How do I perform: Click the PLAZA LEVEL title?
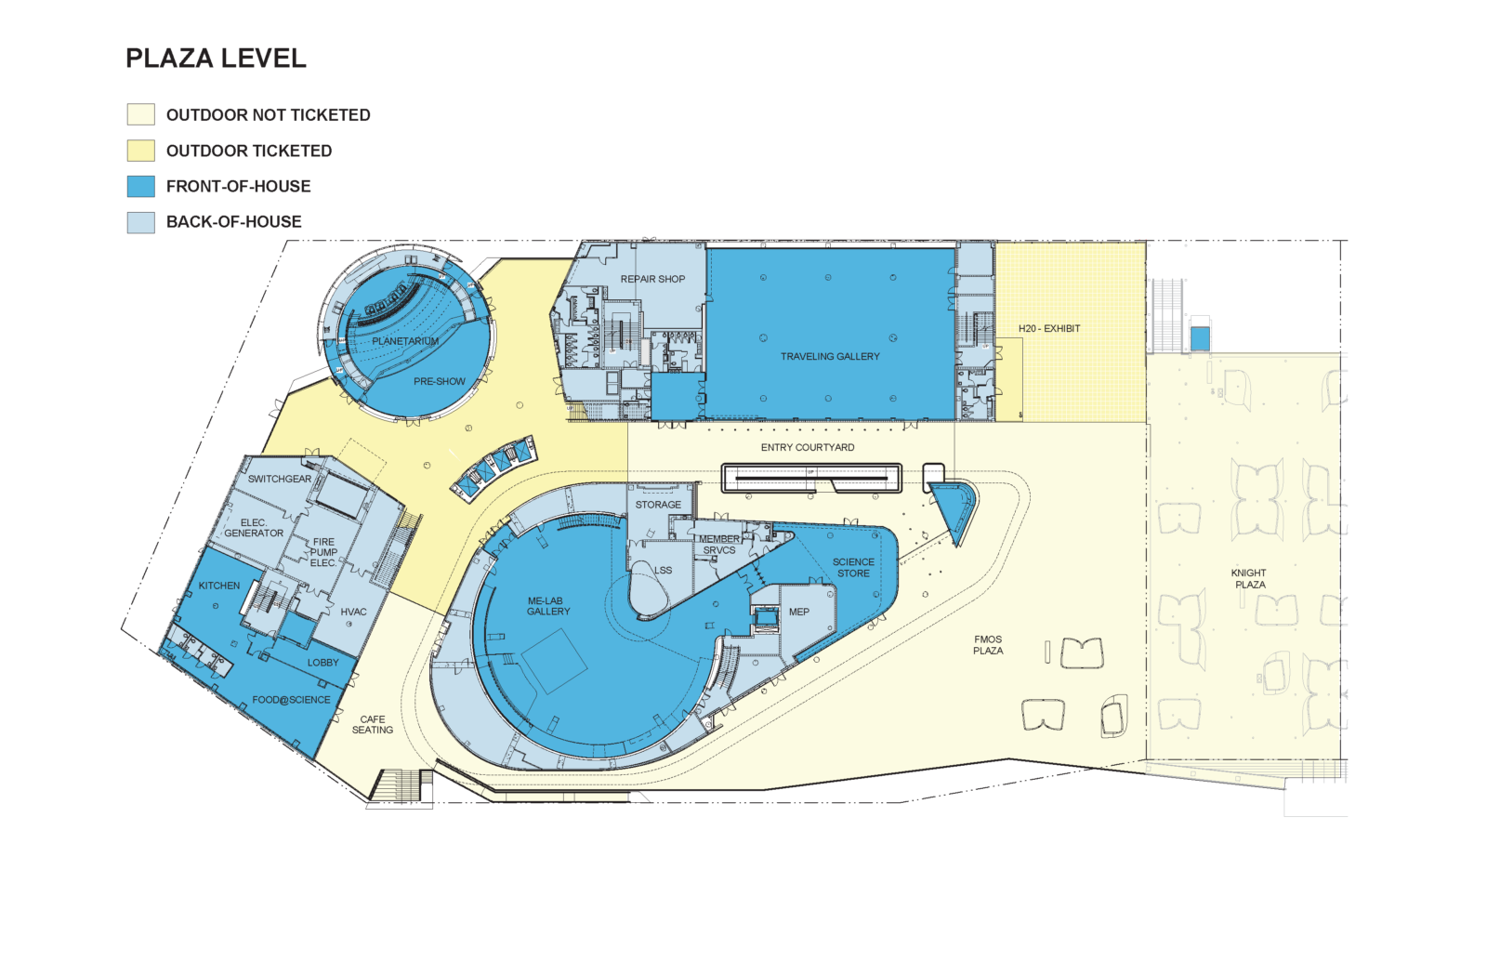pos(216,59)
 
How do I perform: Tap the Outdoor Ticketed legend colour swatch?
pos(140,151)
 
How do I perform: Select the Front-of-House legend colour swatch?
pos(140,186)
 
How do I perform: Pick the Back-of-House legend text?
pos(233,222)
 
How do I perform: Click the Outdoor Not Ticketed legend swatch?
pos(140,114)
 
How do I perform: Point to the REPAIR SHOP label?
pos(652,279)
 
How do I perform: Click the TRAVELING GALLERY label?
pos(830,357)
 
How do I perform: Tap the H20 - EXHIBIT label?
pos(1049,329)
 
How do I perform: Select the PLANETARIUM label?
pos(405,341)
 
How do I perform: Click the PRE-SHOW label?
pos(440,381)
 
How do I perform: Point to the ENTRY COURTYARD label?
pos(808,447)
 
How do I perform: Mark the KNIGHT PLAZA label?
pos(1249,579)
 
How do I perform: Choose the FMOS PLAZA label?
pos(988,645)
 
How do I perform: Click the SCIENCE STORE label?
pos(853,568)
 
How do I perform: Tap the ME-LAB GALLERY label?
pos(548,606)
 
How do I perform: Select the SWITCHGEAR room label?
pos(280,479)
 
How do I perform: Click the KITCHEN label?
pos(219,586)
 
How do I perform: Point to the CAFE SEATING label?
pos(373,724)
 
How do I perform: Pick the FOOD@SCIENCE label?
pos(291,700)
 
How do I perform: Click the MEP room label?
pos(798,612)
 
